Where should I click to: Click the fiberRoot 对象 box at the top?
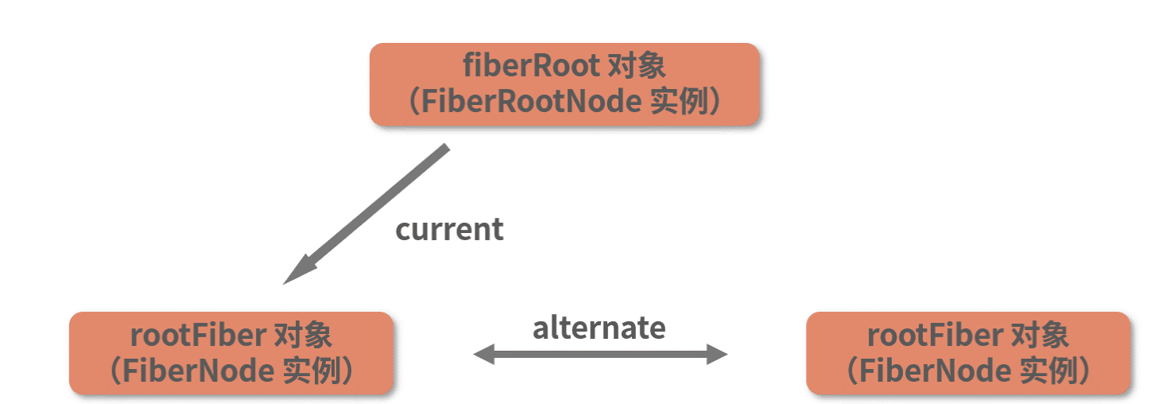(x=564, y=84)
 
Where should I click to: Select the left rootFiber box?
(x=231, y=352)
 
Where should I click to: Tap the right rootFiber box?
(x=967, y=352)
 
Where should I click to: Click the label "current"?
(x=449, y=230)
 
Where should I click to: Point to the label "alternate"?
(x=599, y=327)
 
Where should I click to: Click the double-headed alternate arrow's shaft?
(x=600, y=355)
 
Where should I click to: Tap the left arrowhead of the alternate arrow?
(x=483, y=355)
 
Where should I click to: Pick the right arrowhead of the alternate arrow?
(x=718, y=355)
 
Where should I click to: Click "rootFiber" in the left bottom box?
(x=198, y=335)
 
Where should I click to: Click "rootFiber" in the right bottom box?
(x=935, y=335)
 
